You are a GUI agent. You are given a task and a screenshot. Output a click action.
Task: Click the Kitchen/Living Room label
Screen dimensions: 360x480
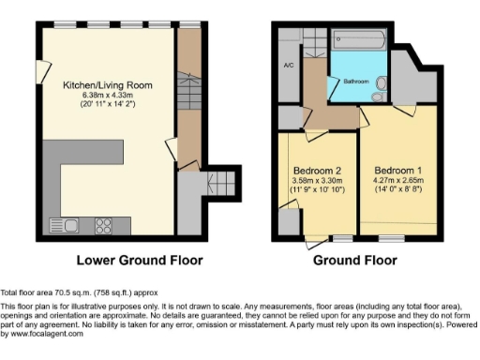[x=108, y=85]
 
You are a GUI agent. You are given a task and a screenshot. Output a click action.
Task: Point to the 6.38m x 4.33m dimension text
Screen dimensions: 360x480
[x=108, y=96]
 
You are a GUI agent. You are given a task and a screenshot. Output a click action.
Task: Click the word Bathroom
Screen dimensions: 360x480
[x=356, y=80]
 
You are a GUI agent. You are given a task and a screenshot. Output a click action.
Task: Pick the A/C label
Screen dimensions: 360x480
[x=288, y=67]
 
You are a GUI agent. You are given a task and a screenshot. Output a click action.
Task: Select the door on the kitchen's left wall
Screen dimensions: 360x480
[x=40, y=71]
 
